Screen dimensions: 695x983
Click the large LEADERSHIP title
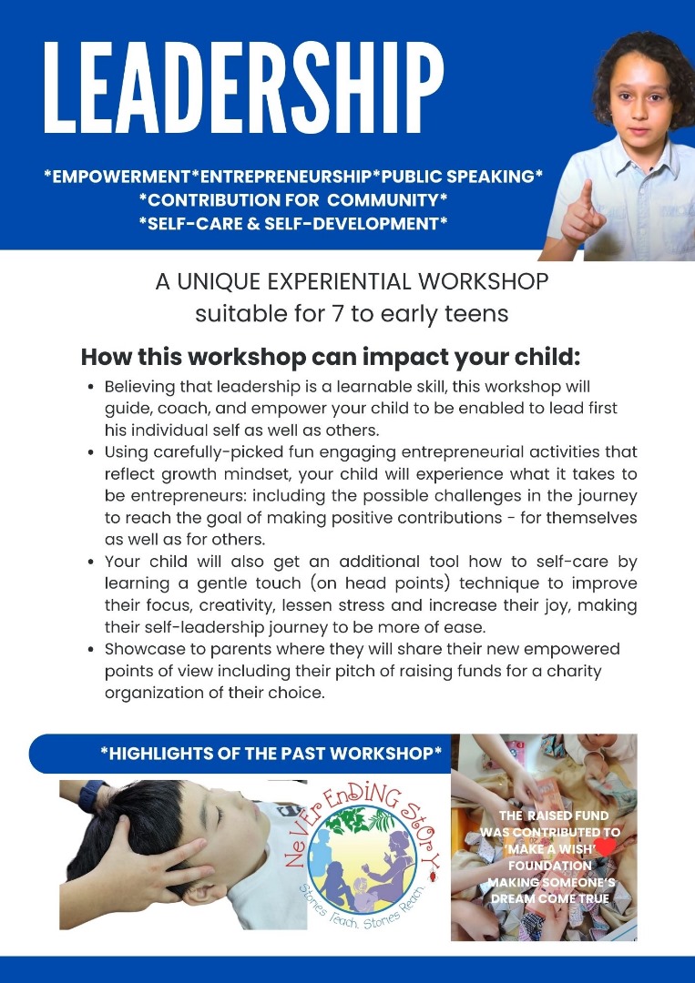243,87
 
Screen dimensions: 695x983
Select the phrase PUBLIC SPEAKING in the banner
458,177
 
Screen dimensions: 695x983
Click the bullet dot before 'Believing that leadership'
92,387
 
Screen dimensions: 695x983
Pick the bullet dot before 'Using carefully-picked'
92,452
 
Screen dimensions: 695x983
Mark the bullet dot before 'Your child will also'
92,562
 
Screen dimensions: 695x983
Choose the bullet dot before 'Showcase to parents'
92,650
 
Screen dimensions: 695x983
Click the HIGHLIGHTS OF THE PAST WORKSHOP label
271,753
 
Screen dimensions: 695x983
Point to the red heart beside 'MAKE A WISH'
606,847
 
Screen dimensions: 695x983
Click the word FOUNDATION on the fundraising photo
549,866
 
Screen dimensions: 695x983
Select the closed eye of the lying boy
219,816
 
